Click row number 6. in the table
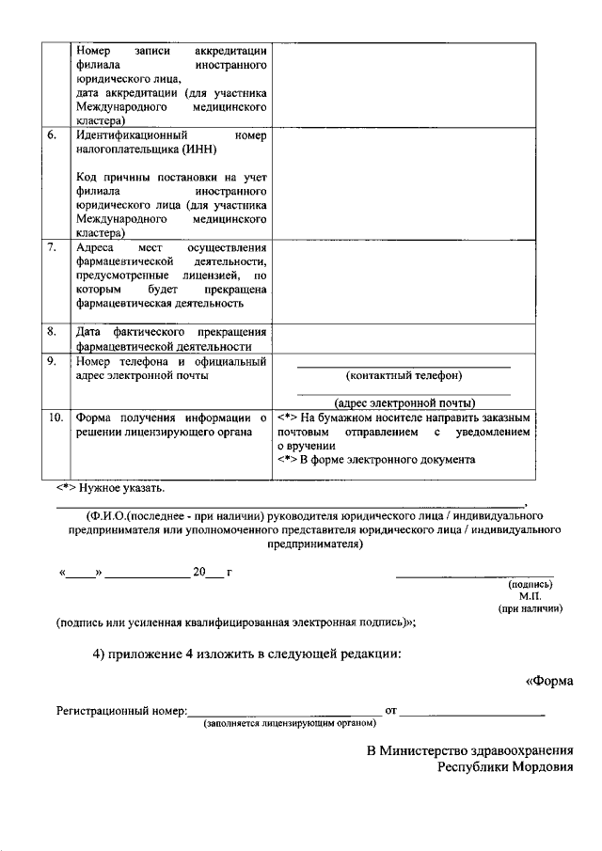[x=53, y=135]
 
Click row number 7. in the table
[x=53, y=247]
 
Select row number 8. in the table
[x=53, y=331]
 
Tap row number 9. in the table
[x=53, y=361]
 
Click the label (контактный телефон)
[x=404, y=376]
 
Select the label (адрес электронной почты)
[x=404, y=402]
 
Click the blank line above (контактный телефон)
[x=404, y=366]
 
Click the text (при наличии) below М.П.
[x=531, y=609]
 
